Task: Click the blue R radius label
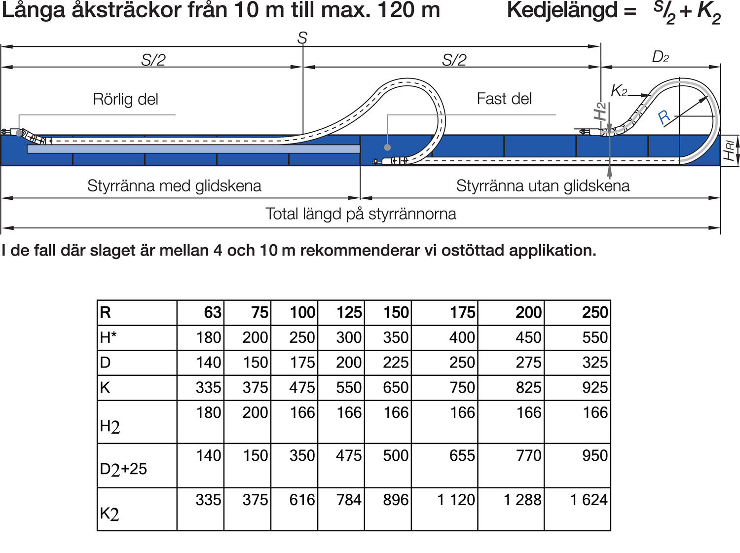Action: [664, 117]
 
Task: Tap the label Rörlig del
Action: [125, 99]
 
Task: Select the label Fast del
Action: [504, 99]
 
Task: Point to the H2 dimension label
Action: [599, 111]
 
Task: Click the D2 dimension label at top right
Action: [660, 57]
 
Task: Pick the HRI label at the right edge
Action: [729, 150]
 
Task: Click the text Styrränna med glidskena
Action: [174, 186]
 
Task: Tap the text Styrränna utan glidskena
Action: [543, 186]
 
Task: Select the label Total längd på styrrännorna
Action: [361, 214]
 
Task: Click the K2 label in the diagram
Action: [619, 91]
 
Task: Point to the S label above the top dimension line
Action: [302, 38]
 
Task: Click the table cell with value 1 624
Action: [589, 500]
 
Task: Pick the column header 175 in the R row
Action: [462, 313]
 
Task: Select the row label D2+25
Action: [123, 469]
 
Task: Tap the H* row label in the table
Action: [108, 337]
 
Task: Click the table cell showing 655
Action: [462, 455]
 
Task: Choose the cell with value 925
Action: [595, 388]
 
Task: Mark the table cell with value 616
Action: [302, 500]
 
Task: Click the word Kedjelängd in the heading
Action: [562, 10]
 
